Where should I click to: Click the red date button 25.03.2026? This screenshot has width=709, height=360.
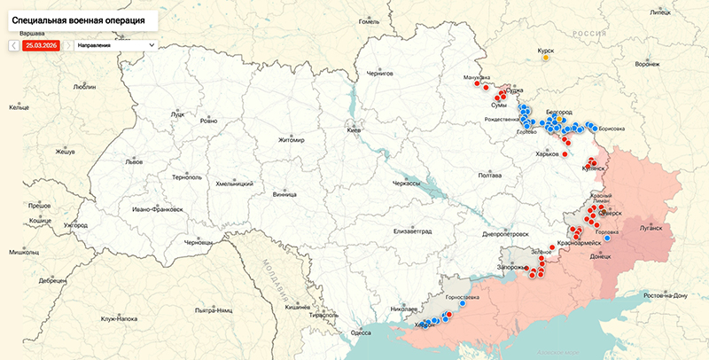point(41,44)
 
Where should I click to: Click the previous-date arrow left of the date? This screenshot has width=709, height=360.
point(14,44)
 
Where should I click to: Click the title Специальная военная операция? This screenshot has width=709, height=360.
point(78,18)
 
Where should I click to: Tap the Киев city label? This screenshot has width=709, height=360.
point(354,130)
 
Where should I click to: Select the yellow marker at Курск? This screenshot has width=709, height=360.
point(546,60)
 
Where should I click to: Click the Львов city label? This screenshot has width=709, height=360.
point(134,162)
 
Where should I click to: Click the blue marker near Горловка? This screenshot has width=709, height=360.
point(607,238)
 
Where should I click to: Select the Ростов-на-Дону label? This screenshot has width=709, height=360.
point(671,294)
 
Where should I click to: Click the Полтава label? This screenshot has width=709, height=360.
point(490,175)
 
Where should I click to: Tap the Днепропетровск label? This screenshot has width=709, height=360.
point(505,235)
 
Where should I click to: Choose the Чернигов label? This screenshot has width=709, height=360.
point(379,74)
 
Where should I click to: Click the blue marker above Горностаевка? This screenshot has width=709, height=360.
point(463,303)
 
